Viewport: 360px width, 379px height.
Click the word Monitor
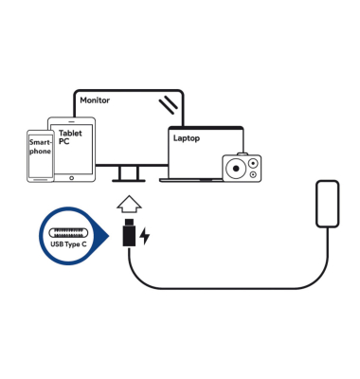pos(95,100)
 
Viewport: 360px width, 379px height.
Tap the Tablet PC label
pos(70,137)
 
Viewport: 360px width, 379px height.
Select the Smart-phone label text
pos(40,147)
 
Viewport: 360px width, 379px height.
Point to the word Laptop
pos(187,138)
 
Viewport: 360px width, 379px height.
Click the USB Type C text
pos(68,244)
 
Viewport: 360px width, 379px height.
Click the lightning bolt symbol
pos(145,236)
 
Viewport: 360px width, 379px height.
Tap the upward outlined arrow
pos(129,205)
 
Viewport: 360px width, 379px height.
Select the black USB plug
pos(129,232)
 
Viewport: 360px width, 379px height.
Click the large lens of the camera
pos(236,169)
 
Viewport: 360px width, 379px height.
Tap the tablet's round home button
pos(71,178)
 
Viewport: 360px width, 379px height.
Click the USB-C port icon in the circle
pos(68,233)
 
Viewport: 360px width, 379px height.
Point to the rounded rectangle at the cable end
pos(328,204)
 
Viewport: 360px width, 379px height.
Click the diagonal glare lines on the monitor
pos(169,105)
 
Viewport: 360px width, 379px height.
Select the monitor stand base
pos(129,181)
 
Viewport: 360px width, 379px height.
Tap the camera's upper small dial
pos(253,164)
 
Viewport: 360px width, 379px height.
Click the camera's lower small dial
pos(253,174)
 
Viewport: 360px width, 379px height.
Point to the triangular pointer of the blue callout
pos(103,236)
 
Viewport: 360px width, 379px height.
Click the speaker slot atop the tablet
pos(71,121)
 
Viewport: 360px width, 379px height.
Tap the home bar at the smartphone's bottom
pos(41,180)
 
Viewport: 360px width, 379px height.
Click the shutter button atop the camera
pos(243,153)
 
